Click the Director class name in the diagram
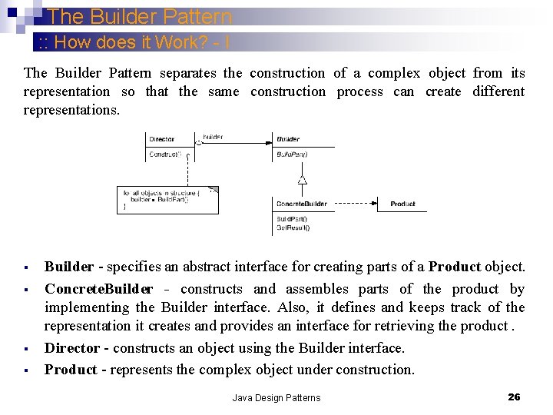(161, 139)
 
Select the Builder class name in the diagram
(288, 139)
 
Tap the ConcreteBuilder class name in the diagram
(302, 204)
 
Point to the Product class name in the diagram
(402, 204)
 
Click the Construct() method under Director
(165, 154)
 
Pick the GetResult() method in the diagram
(293, 227)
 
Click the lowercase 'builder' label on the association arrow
(213, 137)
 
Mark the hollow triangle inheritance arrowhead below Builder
(303, 181)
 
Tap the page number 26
(514, 397)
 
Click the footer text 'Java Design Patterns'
(276, 397)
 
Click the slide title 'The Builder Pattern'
(139, 16)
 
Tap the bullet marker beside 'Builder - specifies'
(26, 268)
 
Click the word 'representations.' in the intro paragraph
(71, 110)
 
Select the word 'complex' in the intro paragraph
(393, 73)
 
